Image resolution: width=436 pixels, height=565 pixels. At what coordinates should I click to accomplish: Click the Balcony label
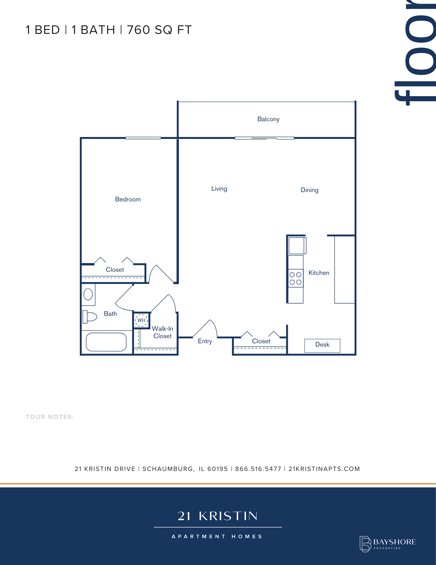click(x=268, y=119)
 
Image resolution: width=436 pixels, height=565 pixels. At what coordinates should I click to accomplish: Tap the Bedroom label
click(x=128, y=199)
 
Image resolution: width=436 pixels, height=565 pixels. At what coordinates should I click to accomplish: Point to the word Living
click(x=219, y=189)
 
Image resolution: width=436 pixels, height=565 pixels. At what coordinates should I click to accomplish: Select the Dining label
click(x=310, y=190)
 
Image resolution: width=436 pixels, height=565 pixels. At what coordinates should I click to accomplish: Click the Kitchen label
click(x=319, y=273)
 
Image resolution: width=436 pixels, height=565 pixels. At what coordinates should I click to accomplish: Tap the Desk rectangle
click(x=322, y=346)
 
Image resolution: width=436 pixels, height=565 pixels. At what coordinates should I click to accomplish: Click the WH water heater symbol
click(x=141, y=320)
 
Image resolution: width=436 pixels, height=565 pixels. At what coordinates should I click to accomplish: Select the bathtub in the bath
click(x=106, y=342)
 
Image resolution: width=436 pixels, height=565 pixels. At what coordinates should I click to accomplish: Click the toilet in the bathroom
click(x=90, y=317)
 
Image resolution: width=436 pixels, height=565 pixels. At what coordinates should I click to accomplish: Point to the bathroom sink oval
click(x=88, y=294)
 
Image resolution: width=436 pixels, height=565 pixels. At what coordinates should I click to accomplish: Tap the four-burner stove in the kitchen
click(x=296, y=278)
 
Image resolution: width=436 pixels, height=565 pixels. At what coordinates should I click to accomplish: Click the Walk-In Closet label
click(x=163, y=332)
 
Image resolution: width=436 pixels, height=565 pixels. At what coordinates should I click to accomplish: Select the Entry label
click(x=205, y=341)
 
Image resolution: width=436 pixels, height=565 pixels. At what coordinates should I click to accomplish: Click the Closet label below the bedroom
click(x=115, y=270)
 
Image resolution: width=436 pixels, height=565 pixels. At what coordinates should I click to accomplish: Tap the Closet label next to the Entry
click(x=261, y=341)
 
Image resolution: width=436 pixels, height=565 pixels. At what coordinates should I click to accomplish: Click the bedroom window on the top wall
click(x=143, y=138)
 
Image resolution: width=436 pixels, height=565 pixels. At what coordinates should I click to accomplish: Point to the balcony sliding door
click(x=264, y=138)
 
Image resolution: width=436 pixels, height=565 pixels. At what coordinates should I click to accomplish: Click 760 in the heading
click(x=138, y=30)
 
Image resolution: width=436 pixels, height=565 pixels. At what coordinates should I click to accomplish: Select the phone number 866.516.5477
click(x=258, y=469)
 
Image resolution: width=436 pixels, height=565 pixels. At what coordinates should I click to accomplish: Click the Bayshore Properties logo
click(x=388, y=544)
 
